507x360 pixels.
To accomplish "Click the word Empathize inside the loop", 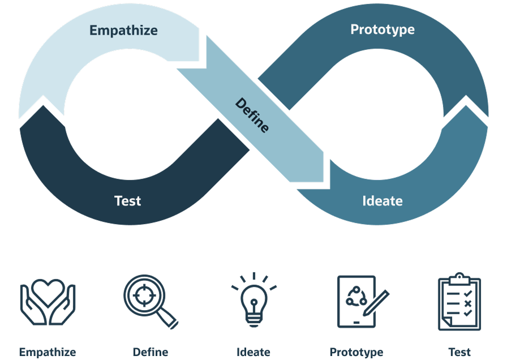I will click(x=123, y=31).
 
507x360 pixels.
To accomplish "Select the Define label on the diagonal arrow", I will click(x=252, y=115).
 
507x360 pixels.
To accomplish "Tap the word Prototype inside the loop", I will click(x=382, y=29).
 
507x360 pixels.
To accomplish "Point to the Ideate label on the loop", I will click(x=382, y=201).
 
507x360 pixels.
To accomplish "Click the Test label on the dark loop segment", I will click(x=127, y=201).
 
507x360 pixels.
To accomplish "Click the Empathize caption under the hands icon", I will click(x=48, y=352).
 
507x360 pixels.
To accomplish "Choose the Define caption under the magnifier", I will click(x=150, y=352).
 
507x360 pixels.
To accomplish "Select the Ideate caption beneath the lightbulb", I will click(x=253, y=352).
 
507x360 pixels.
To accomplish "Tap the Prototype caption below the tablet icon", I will click(x=356, y=352).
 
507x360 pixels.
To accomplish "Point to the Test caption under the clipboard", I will click(x=459, y=352).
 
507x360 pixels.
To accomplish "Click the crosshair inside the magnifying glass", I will click(x=144, y=294).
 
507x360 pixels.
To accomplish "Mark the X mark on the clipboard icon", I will click(x=467, y=304).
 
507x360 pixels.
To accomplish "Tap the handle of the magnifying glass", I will click(x=168, y=320).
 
